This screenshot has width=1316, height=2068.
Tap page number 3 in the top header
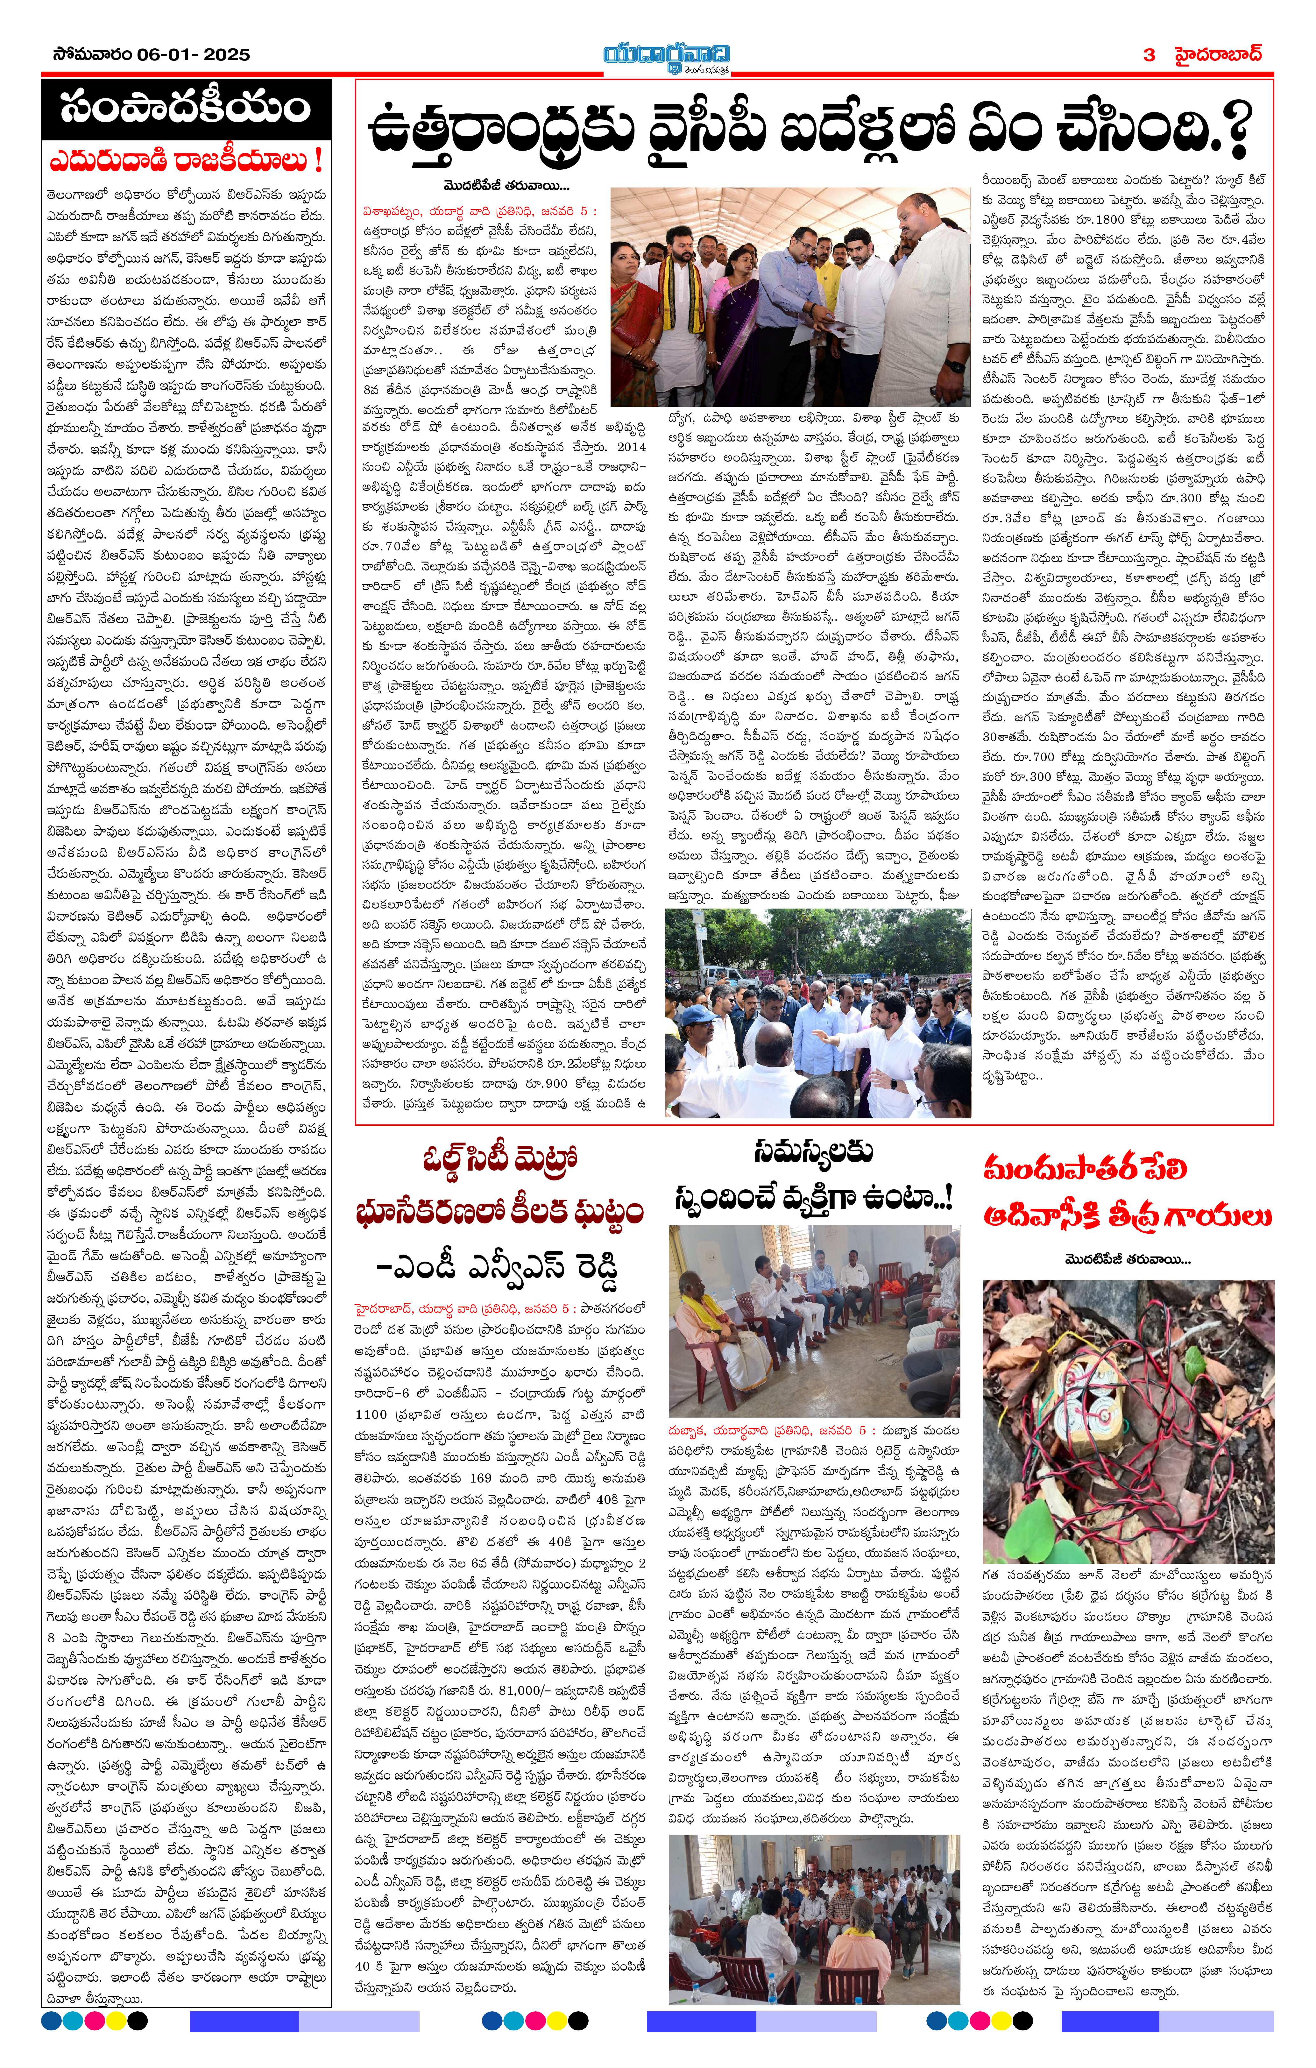pos(1149,55)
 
